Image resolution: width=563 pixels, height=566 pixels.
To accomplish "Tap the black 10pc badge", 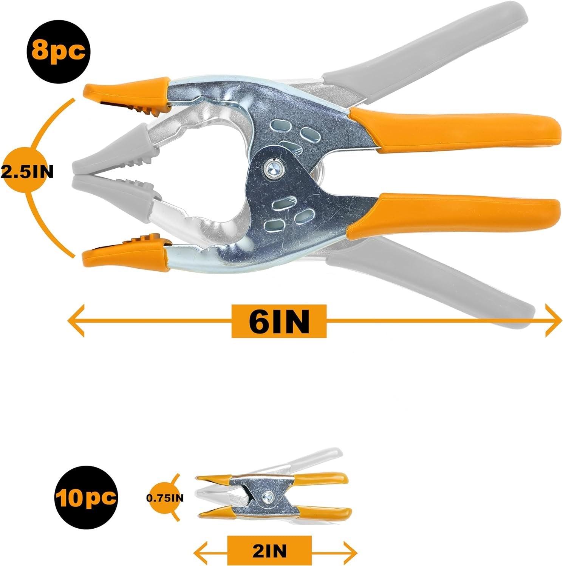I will (85, 498).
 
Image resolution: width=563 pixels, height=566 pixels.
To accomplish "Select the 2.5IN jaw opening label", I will (27, 172).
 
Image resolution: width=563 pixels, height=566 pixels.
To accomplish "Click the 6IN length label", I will (279, 321).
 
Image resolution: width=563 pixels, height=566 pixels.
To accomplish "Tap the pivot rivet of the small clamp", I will (268, 497).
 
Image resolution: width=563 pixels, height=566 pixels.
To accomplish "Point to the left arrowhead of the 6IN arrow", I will (76, 321).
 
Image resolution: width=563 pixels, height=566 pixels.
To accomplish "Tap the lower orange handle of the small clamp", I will (325, 512).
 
